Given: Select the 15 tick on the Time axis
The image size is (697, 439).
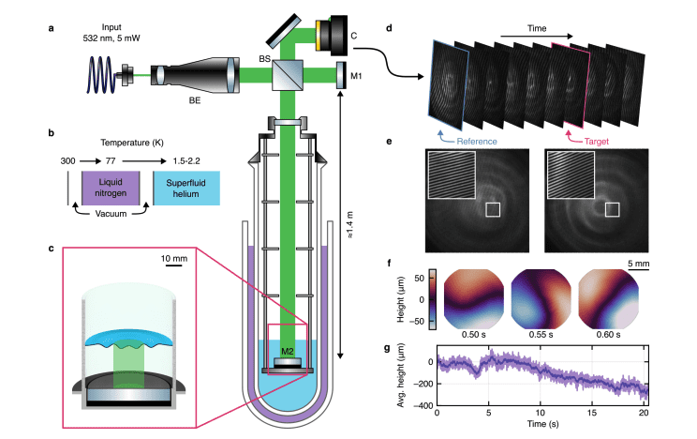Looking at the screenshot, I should point(591,414).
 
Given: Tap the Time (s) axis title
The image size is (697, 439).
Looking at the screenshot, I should point(540,426).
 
